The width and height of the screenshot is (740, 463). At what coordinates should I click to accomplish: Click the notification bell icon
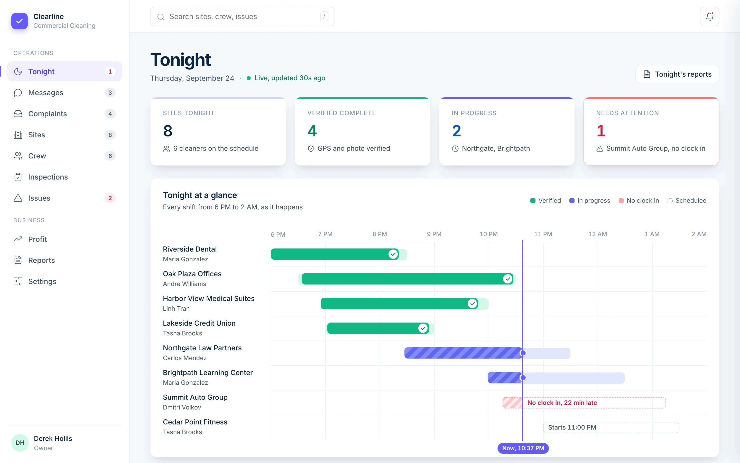[x=709, y=16]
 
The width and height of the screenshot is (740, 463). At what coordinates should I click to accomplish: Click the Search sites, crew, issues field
[x=242, y=16]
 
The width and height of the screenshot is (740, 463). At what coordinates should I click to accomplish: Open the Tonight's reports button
[x=677, y=74]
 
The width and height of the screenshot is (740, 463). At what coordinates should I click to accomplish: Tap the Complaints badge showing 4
[x=110, y=114]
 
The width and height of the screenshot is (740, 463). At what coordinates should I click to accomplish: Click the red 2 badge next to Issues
[x=110, y=198]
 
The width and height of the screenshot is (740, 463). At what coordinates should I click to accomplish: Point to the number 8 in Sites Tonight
[x=168, y=131]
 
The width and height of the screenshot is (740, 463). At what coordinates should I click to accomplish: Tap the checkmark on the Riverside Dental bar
[x=393, y=254]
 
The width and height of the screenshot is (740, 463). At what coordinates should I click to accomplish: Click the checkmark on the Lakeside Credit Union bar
[x=423, y=328]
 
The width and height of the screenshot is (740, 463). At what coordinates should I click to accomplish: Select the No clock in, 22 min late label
[x=562, y=403]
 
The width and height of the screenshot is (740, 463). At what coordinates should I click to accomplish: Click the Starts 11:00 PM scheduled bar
[x=611, y=428]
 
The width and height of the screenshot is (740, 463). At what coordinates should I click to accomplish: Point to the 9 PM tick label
[x=434, y=234]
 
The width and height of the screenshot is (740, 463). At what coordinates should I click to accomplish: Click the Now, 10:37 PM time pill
[x=523, y=448]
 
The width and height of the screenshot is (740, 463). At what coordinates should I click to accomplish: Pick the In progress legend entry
[x=589, y=201]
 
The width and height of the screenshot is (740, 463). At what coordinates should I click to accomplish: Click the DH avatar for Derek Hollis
[x=20, y=443]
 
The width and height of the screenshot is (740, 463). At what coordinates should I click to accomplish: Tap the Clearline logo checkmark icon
[x=20, y=21]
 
